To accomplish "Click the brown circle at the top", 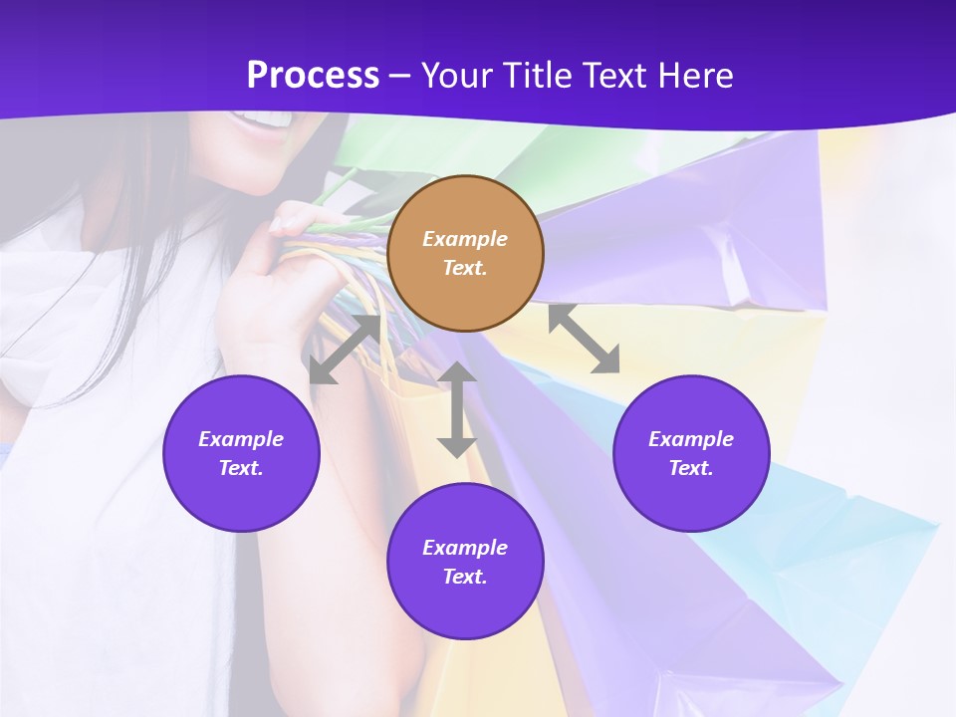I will [x=465, y=253].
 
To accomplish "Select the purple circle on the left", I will [x=241, y=453].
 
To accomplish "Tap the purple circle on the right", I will [x=691, y=453].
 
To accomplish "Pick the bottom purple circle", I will [x=465, y=562].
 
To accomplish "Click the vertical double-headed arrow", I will [x=457, y=409].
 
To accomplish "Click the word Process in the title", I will [x=313, y=75].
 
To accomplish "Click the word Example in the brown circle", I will [x=465, y=239].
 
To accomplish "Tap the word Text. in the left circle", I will [x=241, y=468].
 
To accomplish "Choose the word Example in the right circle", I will [x=691, y=439].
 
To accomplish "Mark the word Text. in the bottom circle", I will [x=465, y=577].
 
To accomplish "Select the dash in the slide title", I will [x=399, y=75].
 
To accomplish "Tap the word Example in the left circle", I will [x=241, y=439].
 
